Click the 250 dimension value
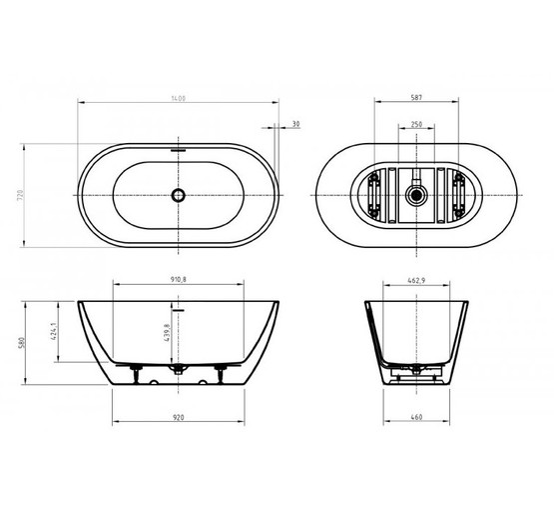(x=418, y=125)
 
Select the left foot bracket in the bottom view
(x=373, y=195)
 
